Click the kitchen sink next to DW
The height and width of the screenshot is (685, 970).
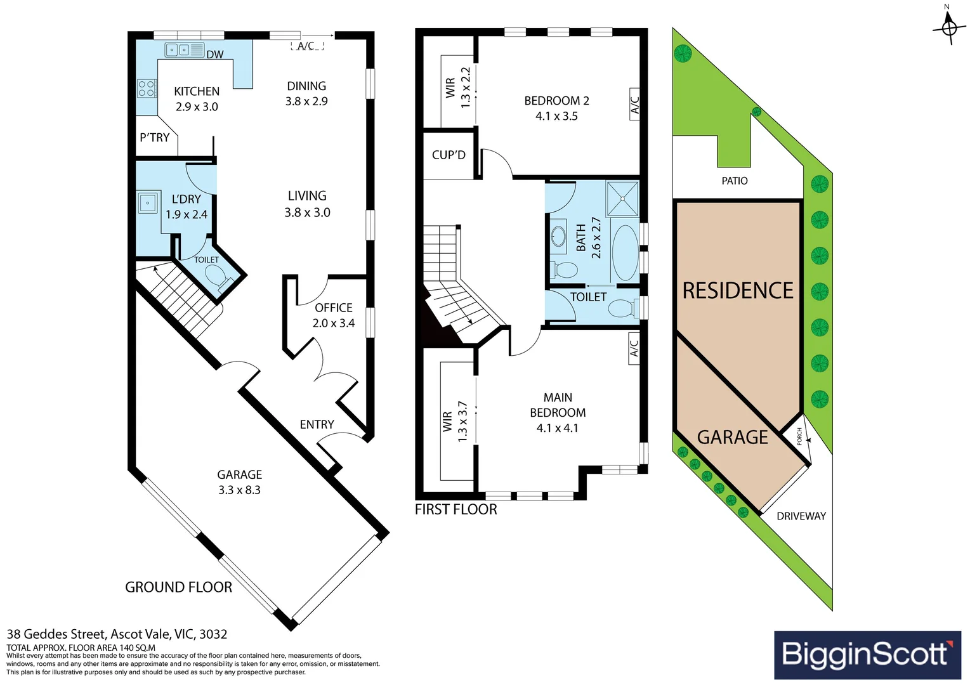click(x=185, y=50)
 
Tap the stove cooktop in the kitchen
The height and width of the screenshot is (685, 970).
click(x=147, y=88)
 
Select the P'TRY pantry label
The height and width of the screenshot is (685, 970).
click(x=155, y=138)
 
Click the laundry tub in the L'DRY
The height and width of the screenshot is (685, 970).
click(x=147, y=202)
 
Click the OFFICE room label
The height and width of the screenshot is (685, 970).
click(x=334, y=308)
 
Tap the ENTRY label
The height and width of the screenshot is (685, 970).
click(x=317, y=424)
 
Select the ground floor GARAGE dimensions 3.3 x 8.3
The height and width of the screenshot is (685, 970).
click(x=239, y=490)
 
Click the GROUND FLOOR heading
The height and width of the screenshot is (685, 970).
click(x=178, y=587)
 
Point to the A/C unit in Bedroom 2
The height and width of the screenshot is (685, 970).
click(x=634, y=104)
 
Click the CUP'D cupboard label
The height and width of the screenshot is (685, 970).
click(x=449, y=155)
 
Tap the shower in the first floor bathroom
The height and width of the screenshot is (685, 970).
click(x=622, y=199)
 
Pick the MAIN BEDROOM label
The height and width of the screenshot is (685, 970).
click(x=558, y=405)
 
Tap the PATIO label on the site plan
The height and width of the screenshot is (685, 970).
click(x=735, y=181)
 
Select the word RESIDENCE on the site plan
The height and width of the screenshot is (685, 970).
click(x=738, y=290)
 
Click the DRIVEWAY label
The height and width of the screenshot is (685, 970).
click(x=801, y=516)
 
